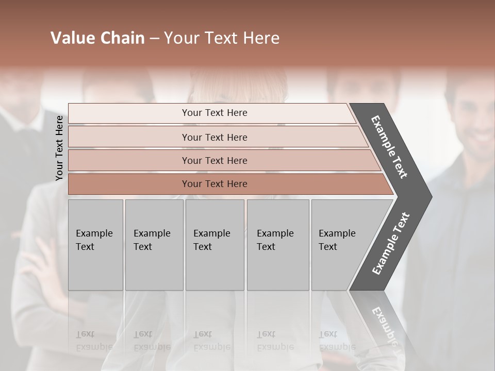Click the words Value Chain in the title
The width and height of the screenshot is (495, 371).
(x=97, y=38)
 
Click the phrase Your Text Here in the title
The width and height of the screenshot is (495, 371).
(x=222, y=38)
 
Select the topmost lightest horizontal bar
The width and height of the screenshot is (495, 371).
(x=214, y=113)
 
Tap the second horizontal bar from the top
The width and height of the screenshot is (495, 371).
(x=214, y=137)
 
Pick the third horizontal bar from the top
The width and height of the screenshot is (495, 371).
(x=214, y=160)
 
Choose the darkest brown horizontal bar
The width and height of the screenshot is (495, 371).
(x=214, y=184)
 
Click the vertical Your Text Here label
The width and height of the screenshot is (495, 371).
(x=59, y=148)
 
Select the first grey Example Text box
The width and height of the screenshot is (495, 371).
(x=95, y=244)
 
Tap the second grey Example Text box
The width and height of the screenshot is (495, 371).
(x=154, y=244)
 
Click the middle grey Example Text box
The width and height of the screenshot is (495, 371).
(x=214, y=244)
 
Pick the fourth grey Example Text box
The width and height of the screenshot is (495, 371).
(x=277, y=244)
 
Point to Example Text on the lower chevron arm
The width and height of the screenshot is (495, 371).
(x=390, y=244)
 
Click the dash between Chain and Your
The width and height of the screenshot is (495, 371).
(x=154, y=39)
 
